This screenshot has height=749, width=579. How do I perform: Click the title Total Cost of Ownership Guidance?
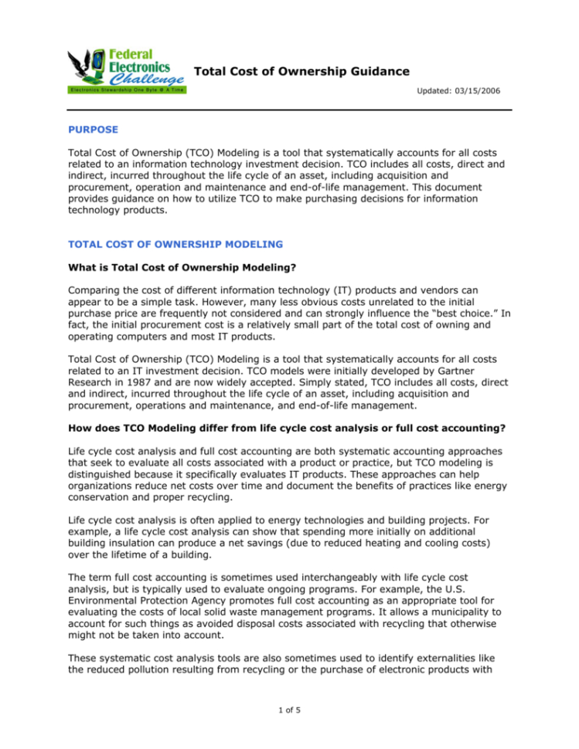tap(301, 72)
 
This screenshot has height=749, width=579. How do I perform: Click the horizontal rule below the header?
tap(290, 110)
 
